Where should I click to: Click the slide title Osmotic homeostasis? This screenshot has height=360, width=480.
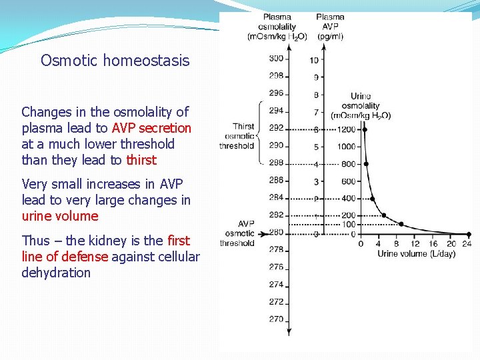pos(115,61)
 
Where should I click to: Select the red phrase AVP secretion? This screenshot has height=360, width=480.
pos(151,128)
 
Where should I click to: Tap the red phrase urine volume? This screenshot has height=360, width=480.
pos(60,216)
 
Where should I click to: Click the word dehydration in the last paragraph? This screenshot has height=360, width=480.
pos(56,273)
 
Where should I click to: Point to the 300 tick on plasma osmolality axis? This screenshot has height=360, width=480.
pos(276,59)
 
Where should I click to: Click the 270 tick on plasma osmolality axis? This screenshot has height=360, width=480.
pos(276,319)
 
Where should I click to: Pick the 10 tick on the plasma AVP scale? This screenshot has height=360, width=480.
pos(314,61)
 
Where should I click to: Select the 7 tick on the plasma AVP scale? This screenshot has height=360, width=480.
pos(315,112)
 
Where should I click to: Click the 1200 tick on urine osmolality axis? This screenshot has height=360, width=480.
pos(346,129)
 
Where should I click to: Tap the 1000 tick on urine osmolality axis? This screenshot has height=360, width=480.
pos(346,147)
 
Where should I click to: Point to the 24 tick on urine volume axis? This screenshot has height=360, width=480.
pos(467,244)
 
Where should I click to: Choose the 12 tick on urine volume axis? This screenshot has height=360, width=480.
pos(415,244)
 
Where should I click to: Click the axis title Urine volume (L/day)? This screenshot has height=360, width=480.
pos(416,254)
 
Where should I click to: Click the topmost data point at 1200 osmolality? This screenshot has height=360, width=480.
pos(364,129)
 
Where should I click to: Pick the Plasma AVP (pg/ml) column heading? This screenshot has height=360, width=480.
pos(330,27)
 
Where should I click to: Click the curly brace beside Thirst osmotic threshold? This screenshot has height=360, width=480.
pos(258,133)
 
